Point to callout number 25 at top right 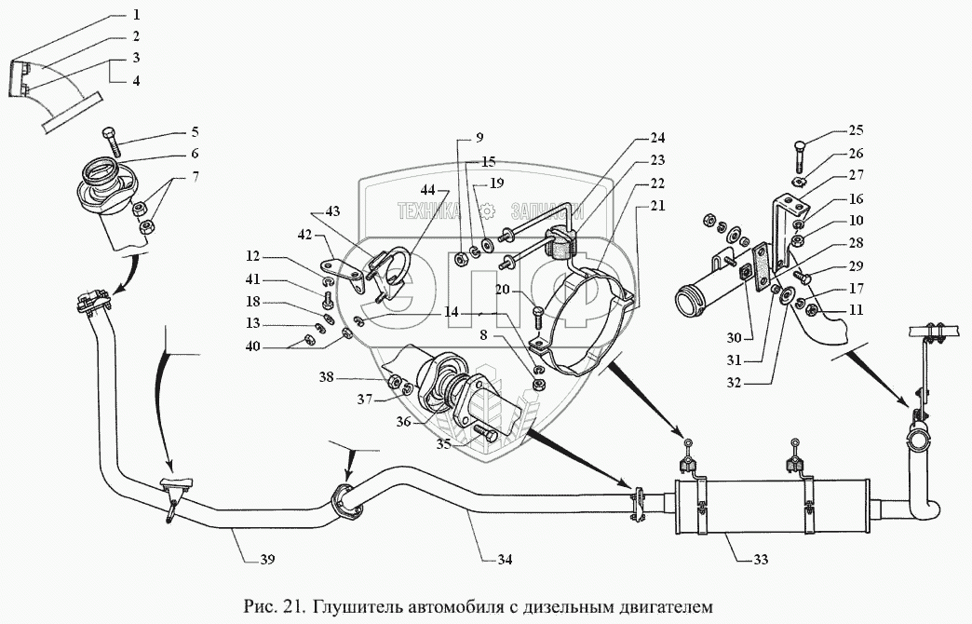[857, 131]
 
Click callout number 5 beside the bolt [196, 132]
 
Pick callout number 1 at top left [136, 16]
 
